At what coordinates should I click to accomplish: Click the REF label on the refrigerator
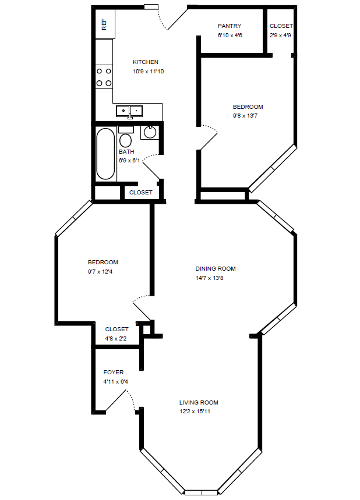click(104, 24)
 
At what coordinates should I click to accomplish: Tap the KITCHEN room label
click(146, 62)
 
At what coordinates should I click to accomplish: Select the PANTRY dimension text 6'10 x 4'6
click(230, 36)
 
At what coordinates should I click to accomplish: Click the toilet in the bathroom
click(125, 139)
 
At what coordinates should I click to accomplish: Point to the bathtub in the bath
click(105, 154)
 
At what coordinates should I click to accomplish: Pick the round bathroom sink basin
click(150, 133)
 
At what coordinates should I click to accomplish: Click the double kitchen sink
click(129, 111)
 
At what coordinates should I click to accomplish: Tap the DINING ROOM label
click(216, 269)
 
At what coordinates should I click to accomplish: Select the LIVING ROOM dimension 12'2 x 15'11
click(199, 412)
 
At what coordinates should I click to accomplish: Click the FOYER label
click(114, 373)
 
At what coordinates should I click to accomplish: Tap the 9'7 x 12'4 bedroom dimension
click(103, 271)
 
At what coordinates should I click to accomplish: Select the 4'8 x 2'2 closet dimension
click(117, 338)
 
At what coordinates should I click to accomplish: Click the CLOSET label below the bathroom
click(140, 193)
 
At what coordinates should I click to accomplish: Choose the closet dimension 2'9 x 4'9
click(281, 36)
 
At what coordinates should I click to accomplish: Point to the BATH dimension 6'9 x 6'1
click(130, 161)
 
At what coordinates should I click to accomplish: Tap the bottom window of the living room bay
click(201, 492)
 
